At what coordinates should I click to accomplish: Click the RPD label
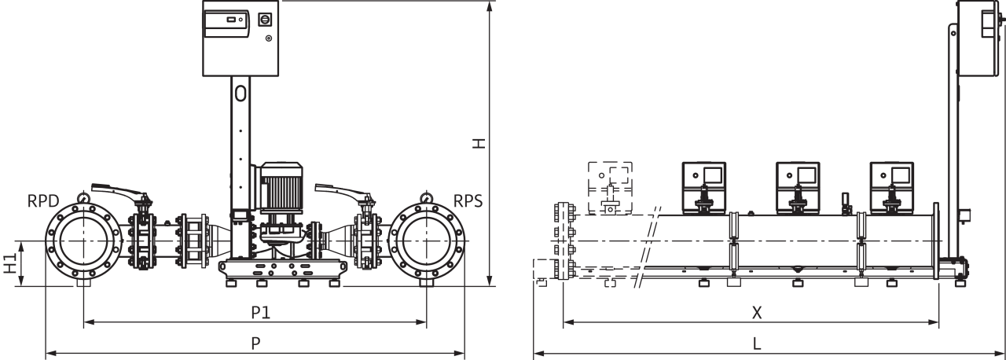43,201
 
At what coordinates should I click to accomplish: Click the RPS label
468,201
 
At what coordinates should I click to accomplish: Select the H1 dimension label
10,263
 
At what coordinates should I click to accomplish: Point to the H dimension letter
479,143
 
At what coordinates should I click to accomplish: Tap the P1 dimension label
260,312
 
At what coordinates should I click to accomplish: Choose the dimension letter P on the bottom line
255,343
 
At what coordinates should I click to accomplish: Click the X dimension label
757,313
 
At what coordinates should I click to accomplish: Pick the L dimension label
757,343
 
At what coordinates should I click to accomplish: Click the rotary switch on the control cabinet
265,20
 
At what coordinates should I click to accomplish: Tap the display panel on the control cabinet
226,24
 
